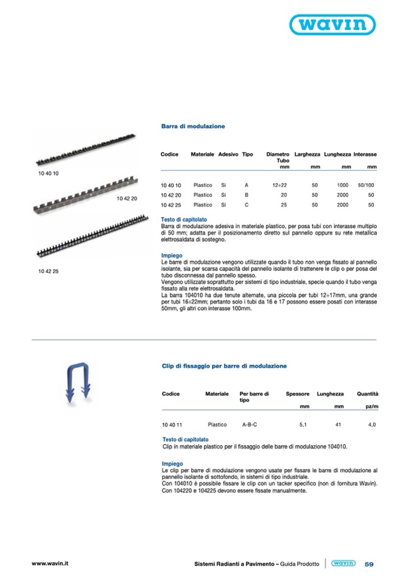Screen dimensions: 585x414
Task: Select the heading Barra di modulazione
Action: pos(193,126)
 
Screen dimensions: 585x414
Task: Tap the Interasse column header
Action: pos(365,155)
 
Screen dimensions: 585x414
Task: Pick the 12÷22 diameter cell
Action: pos(280,185)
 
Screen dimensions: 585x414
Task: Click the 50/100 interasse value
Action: pos(366,185)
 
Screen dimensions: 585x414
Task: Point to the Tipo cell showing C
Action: pos(245,205)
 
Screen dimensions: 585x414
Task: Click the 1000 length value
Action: pos(343,185)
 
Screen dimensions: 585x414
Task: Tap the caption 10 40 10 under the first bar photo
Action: pos(47,174)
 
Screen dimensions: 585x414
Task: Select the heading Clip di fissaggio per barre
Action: pos(224,366)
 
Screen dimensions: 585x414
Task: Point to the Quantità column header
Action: pos(368,394)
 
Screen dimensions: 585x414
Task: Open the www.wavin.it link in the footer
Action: pos(49,563)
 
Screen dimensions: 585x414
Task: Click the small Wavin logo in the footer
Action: pos(343,564)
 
